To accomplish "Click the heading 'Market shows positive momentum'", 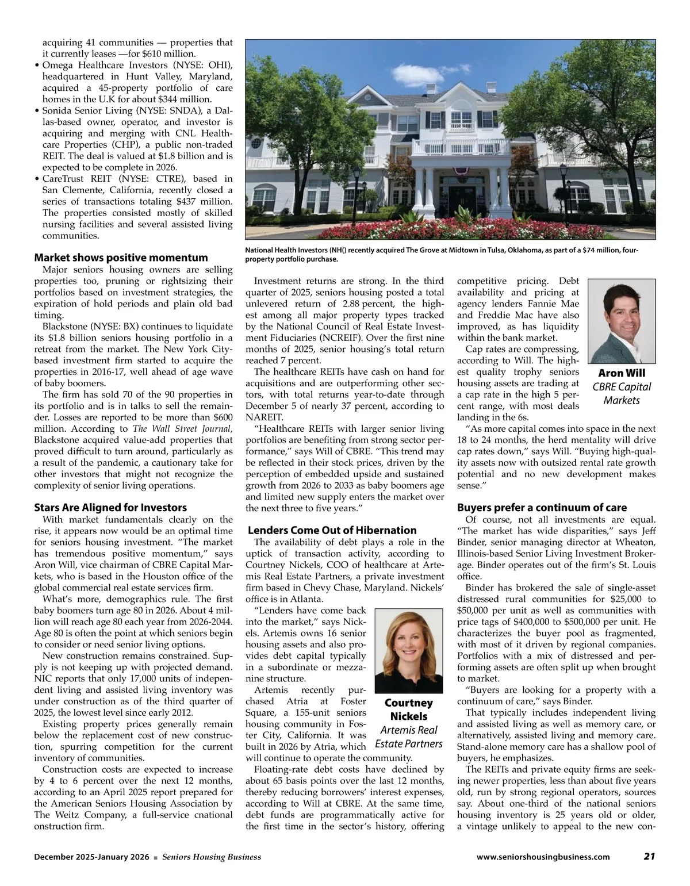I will coord(121,257).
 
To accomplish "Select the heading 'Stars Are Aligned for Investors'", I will coord(110,508).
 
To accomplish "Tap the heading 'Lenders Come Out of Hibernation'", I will coord(332,530).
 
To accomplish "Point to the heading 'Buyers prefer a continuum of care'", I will coord(542,508).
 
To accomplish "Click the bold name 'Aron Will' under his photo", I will coord(622,373).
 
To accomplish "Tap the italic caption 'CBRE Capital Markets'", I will coord(622,393).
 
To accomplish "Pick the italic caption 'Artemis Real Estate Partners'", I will coord(408,737).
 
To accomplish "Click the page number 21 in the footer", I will coord(649,857).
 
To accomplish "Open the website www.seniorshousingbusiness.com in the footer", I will coord(543,857).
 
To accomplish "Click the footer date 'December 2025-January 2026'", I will coord(91,857).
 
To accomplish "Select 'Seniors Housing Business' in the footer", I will coord(212,857).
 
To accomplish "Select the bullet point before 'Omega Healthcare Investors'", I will coord(37,66).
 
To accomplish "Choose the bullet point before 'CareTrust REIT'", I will coord(37,179).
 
